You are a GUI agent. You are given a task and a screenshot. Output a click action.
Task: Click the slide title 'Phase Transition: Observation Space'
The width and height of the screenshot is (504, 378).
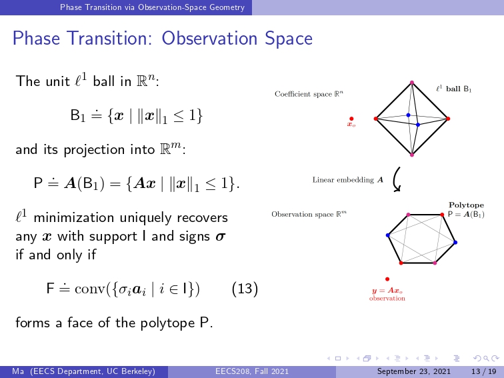[x=162, y=39]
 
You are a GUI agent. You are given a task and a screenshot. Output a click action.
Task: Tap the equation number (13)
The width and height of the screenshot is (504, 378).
[x=245, y=289]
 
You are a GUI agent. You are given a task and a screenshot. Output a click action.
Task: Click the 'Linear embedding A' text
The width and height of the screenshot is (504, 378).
[x=348, y=180]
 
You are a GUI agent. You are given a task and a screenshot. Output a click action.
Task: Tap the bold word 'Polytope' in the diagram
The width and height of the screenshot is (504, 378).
[x=466, y=205]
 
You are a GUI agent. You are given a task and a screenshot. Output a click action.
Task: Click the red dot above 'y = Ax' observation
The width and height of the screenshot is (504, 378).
[x=387, y=279]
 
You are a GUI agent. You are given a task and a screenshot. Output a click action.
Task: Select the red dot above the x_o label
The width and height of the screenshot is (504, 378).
[x=351, y=119]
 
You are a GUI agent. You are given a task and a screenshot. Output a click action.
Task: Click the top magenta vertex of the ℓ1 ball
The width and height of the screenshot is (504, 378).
[x=412, y=83]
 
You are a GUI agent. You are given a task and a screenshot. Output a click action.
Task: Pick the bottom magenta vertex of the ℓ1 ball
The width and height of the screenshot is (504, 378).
[x=412, y=155]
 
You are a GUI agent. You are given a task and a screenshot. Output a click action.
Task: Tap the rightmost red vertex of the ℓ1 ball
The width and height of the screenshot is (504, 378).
[x=448, y=119]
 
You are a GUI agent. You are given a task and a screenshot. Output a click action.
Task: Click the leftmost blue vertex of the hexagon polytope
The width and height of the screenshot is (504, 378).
[x=387, y=235]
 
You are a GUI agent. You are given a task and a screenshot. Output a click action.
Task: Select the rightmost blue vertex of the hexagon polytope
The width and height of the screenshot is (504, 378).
[x=455, y=243]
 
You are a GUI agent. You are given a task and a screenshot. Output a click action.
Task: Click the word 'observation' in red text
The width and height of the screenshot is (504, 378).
[x=387, y=298]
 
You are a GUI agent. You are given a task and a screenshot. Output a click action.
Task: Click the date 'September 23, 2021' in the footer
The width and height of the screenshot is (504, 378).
[x=414, y=371]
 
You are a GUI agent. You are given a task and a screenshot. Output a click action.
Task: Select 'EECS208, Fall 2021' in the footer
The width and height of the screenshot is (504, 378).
[x=252, y=371]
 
